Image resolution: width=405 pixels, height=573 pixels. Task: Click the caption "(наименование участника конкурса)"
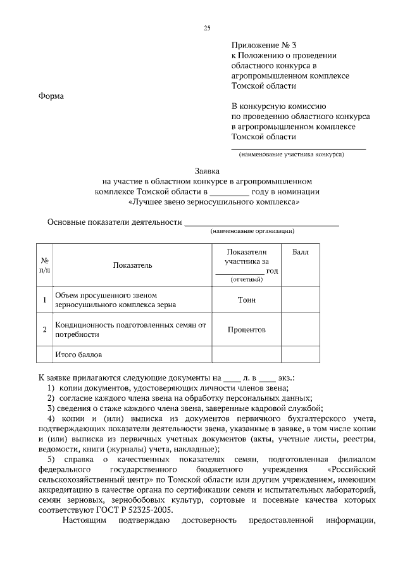tap(291, 154)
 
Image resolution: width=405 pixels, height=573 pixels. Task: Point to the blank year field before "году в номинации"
tap(229, 191)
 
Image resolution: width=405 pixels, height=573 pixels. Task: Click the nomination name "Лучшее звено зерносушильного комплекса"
tap(213, 202)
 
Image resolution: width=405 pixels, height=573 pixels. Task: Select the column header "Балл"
tap(301, 252)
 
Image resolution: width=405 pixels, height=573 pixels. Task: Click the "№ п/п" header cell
tap(45, 265)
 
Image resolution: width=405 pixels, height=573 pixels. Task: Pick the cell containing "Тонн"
tap(246, 299)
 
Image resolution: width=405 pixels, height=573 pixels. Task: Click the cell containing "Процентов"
tap(246, 329)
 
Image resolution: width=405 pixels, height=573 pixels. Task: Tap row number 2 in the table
tap(44, 329)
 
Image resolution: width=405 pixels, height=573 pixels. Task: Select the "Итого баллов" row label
tap(78, 355)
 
